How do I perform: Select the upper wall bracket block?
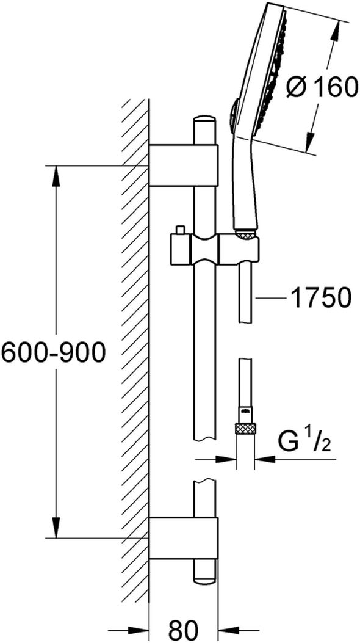[183, 165]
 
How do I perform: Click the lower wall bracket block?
[183, 537]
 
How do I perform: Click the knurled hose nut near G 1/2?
[245, 429]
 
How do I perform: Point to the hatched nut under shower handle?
[245, 234]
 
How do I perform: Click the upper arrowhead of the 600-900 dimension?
[56, 180]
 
